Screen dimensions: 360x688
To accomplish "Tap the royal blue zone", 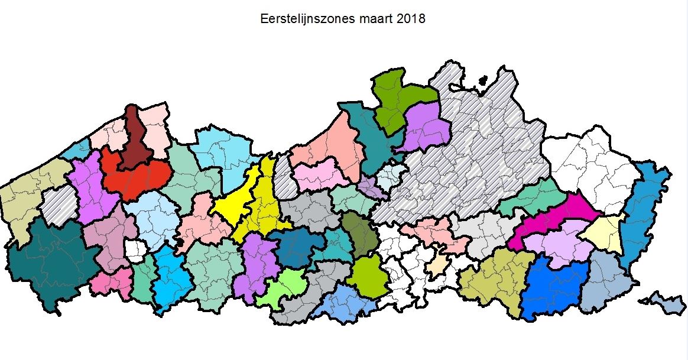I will click(x=553, y=287).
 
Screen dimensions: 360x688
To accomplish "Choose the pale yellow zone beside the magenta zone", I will click(x=603, y=233).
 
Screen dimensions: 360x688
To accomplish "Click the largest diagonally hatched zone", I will click(x=473, y=160).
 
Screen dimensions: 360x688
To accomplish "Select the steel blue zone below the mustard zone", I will click(x=296, y=247).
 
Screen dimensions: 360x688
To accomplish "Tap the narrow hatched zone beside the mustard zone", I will click(x=285, y=177).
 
